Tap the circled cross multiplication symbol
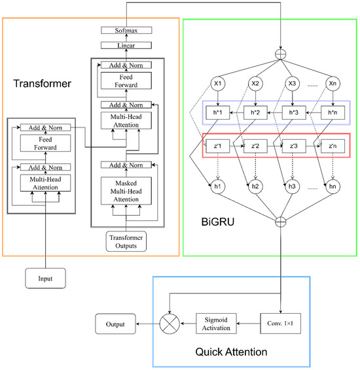171,323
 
